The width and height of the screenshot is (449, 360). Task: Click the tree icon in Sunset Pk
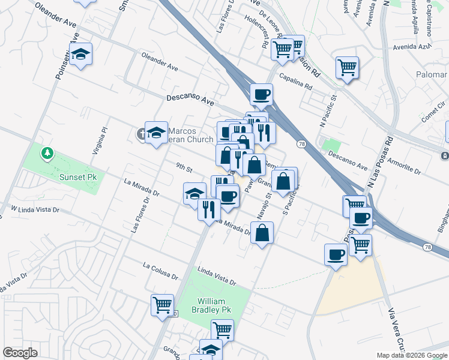tap(47, 154)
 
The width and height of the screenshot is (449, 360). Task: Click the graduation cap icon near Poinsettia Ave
tap(80, 55)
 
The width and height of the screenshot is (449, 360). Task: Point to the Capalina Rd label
tap(296, 82)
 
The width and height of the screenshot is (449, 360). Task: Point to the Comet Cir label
tap(433, 116)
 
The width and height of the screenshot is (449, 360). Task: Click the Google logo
tap(20, 353)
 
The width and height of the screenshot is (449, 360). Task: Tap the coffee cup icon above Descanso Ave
tap(261, 94)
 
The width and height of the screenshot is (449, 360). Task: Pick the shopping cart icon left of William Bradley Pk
tap(162, 305)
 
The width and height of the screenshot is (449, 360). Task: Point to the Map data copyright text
tap(412, 355)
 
